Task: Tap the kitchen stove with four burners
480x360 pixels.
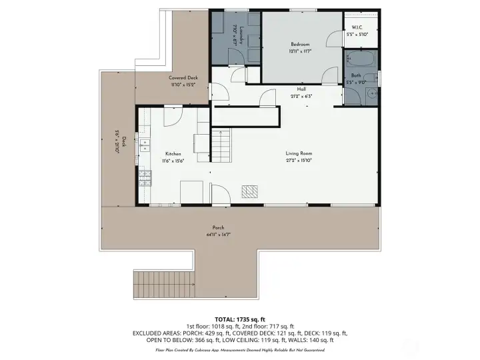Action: (x=145, y=178)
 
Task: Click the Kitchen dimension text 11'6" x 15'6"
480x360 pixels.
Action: (x=173, y=161)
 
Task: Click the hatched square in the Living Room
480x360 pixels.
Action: (x=249, y=191)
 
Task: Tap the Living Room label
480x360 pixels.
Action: (x=300, y=153)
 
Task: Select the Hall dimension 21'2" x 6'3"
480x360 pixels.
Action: (x=302, y=96)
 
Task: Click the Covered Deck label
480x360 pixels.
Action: (x=183, y=78)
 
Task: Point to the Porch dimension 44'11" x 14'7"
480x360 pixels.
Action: (x=218, y=234)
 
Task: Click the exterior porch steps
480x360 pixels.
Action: (x=164, y=285)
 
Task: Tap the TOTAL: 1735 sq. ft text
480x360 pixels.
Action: (x=239, y=319)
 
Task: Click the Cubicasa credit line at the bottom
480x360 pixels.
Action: (x=239, y=349)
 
